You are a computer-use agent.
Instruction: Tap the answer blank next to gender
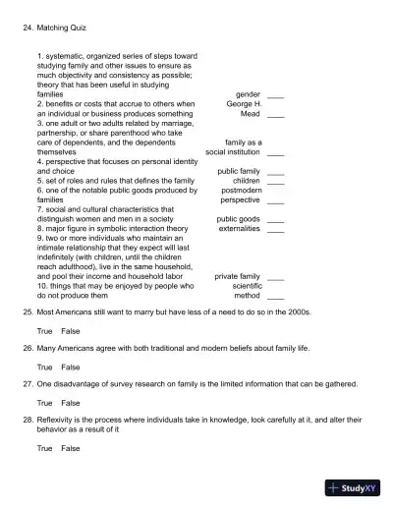pos(275,95)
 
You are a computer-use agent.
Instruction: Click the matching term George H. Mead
pos(244,108)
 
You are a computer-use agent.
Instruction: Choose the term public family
pos(239,171)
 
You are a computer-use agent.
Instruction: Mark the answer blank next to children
pos(275,181)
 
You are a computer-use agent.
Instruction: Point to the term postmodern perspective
pos(241,195)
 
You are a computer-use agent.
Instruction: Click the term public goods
pos(239,219)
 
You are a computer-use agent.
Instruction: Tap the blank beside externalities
pos(275,229)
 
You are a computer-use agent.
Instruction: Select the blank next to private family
pos(275,277)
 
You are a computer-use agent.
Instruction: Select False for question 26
pos(71,368)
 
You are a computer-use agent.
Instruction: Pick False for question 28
pos(71,448)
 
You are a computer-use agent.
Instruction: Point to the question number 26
pos(28,349)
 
